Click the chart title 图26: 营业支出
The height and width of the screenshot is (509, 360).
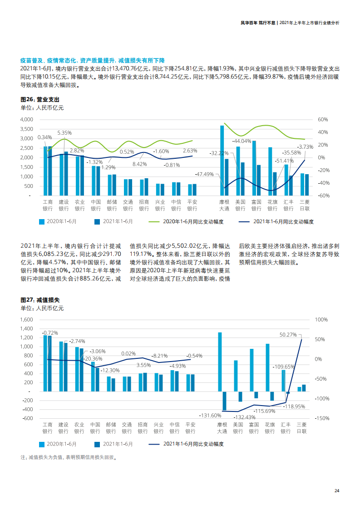(x=40, y=99)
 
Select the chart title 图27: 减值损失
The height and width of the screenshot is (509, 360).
(x=40, y=300)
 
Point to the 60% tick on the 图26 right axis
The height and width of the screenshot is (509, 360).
(x=322, y=119)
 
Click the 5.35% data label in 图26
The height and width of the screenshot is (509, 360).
(x=64, y=133)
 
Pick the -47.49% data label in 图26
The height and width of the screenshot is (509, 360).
(x=204, y=174)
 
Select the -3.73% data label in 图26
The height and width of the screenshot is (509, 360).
(x=305, y=147)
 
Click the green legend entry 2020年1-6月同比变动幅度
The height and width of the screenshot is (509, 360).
(x=187, y=222)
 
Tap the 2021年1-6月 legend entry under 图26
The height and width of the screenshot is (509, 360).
(x=113, y=222)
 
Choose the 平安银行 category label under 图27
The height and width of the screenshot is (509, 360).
(x=190, y=428)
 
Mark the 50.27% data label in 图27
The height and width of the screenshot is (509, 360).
(x=288, y=334)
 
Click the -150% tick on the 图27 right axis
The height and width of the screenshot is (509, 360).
(x=321, y=418)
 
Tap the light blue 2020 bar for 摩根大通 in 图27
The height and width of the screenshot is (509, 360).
(x=220, y=362)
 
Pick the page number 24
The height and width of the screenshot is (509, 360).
(x=336, y=491)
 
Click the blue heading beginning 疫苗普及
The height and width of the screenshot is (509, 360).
(x=92, y=60)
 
